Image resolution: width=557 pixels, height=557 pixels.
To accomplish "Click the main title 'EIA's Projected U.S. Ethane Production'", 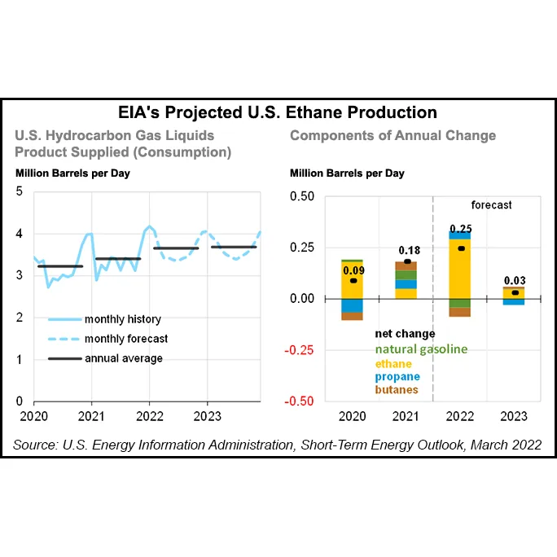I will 278,112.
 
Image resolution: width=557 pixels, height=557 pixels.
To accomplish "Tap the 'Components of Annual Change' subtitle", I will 393,135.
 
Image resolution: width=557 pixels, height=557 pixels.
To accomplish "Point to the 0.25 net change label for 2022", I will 461,228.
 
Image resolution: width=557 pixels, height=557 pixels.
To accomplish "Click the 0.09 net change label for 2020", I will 352,270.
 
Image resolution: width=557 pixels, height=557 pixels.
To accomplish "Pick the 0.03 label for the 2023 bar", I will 514,281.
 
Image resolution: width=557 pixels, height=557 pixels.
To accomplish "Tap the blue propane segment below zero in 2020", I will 352,305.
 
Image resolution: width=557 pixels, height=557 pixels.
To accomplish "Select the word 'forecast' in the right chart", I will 491,205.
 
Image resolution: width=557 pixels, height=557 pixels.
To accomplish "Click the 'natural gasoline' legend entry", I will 421,349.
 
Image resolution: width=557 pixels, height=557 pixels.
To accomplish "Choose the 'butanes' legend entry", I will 397,389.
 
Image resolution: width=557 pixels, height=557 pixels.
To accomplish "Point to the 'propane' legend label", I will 397,376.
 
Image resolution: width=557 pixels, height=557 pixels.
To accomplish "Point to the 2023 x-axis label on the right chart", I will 514,416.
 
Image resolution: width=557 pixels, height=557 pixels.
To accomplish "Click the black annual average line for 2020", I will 60,266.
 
